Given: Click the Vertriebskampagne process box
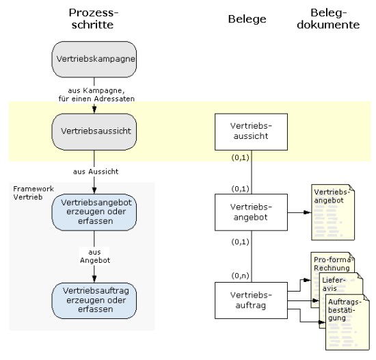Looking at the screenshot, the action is (x=94, y=60).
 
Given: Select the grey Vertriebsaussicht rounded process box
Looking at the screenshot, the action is (x=94, y=132).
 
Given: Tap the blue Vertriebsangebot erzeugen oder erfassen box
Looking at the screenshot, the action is (x=94, y=212).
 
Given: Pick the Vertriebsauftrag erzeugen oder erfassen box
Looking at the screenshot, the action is (x=94, y=300).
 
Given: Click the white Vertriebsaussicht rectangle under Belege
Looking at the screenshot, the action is (x=251, y=132).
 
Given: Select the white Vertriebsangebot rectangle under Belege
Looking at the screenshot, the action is (x=251, y=212).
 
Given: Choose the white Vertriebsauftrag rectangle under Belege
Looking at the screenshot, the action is (x=251, y=300).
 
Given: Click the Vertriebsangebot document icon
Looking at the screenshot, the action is (x=333, y=212).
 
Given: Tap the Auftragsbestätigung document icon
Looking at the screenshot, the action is (x=347, y=322).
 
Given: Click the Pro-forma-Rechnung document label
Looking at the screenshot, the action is (x=334, y=263).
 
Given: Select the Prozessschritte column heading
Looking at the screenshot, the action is (x=94, y=18).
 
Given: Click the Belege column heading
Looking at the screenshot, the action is (x=247, y=19).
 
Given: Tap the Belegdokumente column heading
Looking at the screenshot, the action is (x=328, y=18).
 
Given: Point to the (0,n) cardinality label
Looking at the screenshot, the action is (x=240, y=276).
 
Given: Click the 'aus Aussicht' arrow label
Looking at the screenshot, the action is (x=96, y=172).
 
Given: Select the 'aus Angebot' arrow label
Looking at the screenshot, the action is (x=95, y=256).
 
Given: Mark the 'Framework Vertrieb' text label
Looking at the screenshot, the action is (x=33, y=193).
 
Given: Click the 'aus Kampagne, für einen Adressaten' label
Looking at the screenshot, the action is (x=96, y=94).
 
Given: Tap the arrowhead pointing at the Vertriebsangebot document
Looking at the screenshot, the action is (x=307, y=212).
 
